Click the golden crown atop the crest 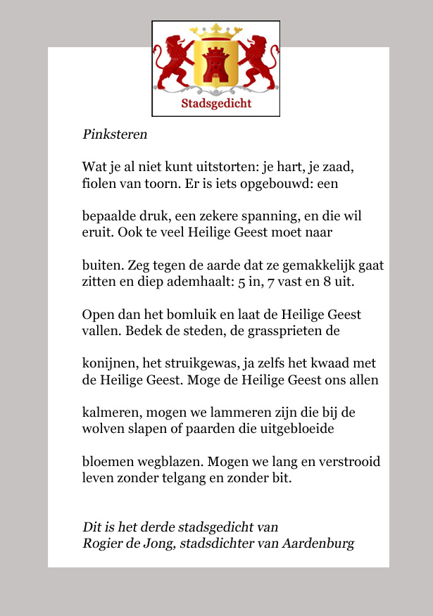(x=216, y=32)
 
